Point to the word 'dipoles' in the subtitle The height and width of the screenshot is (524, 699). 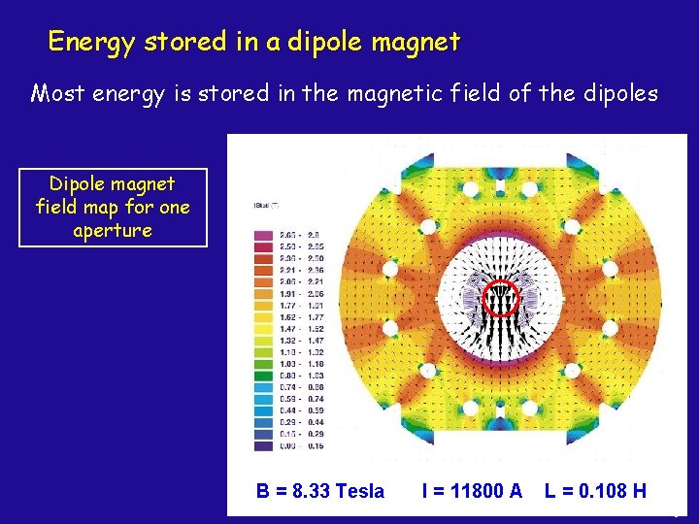621,94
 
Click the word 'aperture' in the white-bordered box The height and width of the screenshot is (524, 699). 113,231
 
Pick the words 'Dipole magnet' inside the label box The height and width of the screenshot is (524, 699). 113,184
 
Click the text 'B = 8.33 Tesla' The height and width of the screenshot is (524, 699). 320,491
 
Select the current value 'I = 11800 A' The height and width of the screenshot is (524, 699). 472,491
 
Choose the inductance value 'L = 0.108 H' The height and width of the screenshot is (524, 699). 595,491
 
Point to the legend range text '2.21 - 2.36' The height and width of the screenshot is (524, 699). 304,270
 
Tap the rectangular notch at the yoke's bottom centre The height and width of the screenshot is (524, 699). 502,427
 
